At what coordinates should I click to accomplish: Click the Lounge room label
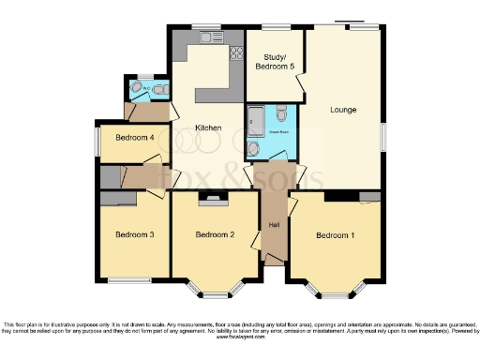point(343,110)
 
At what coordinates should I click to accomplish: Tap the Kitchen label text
point(207,127)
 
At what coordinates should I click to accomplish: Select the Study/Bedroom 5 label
point(273,63)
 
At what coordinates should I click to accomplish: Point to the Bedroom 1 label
point(335,234)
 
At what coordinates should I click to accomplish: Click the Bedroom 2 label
point(214,234)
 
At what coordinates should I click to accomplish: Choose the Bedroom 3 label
point(134,234)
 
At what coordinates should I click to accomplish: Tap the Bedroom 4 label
point(134,138)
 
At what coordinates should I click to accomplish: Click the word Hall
point(274,226)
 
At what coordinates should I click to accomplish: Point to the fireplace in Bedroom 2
point(214,198)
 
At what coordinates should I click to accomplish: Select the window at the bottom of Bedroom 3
point(128,279)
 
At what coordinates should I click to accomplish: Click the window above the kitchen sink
point(201,27)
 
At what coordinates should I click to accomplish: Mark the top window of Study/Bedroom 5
point(274,27)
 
